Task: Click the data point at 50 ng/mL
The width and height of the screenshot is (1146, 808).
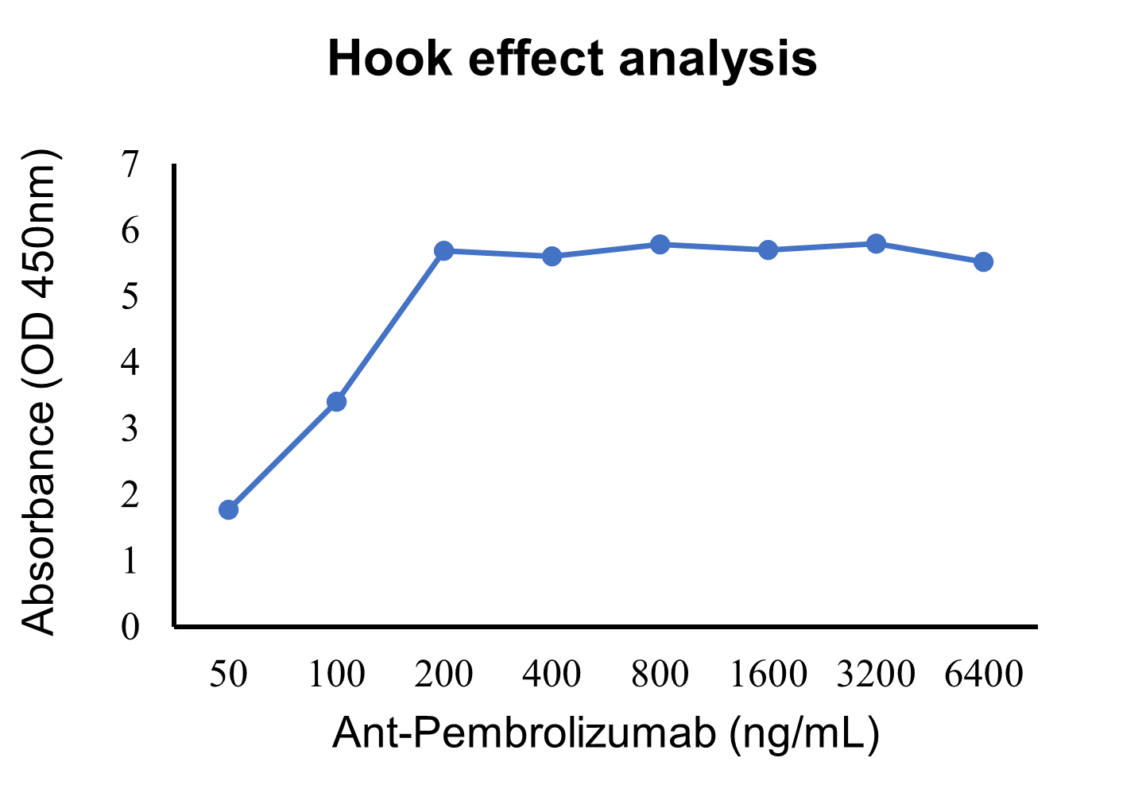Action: tap(228, 509)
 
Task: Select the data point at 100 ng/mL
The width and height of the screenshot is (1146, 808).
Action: tap(336, 401)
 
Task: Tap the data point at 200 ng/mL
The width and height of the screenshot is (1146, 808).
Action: tap(444, 251)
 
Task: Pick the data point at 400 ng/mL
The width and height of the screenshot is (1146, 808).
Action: tap(552, 256)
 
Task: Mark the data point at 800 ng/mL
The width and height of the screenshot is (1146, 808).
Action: tap(660, 244)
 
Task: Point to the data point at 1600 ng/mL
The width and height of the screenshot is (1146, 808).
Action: tap(768, 250)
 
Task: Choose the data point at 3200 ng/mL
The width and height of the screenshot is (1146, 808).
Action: tap(876, 243)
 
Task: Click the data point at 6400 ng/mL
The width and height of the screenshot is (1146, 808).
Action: tap(983, 261)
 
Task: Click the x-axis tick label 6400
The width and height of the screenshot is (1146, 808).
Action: tap(983, 674)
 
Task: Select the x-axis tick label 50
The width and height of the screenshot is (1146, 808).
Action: tap(228, 674)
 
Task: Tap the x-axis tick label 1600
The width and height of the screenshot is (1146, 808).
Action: tap(768, 674)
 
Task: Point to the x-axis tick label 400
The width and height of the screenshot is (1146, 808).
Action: tap(552, 674)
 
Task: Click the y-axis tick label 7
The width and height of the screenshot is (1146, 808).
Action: tap(130, 164)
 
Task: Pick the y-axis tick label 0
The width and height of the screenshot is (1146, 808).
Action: tap(130, 627)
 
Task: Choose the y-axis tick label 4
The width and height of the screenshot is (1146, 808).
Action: tap(130, 362)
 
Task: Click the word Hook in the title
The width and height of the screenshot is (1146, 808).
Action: tap(389, 59)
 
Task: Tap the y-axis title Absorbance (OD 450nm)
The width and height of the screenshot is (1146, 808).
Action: tap(39, 391)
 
